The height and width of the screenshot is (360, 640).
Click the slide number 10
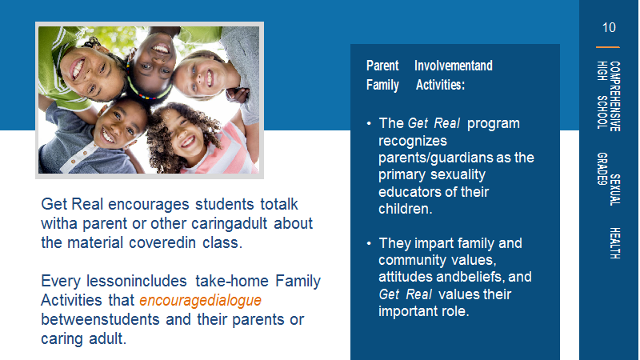pos(609,28)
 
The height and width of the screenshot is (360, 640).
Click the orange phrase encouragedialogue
pos(200,301)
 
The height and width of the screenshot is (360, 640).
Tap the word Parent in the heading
pos(382,66)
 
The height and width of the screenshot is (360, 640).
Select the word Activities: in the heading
pos(440,85)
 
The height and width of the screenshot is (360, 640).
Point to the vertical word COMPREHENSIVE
pos(614,96)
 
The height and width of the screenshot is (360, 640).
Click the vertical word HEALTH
pos(614,243)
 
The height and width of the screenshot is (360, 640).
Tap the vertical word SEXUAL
pos(614,190)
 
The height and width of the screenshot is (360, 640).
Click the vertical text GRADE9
pos(602,169)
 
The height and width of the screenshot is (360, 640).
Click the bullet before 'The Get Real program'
pos(369,123)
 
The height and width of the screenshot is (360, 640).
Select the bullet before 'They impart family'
pos(369,243)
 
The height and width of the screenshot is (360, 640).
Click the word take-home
pos(231,282)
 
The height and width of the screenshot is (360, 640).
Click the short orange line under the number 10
pos(608,47)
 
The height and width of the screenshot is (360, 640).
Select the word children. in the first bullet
pos(405,209)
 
